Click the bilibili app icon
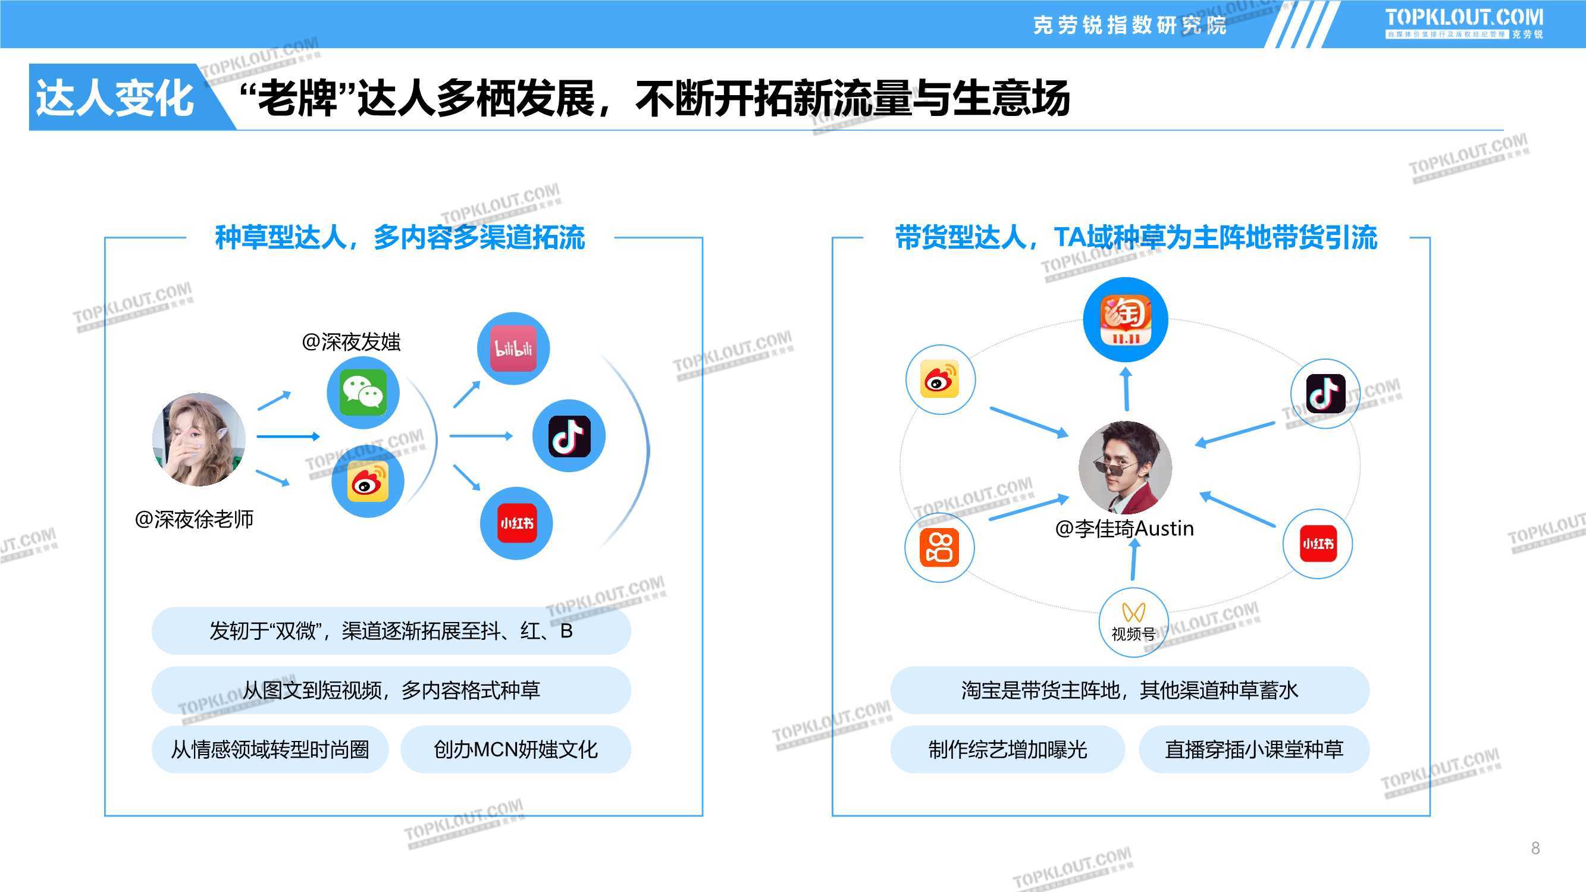tap(513, 348)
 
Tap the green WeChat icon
tap(363, 392)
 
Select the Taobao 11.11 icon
tap(1126, 319)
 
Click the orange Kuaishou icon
tap(939, 547)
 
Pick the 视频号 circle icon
tap(1133, 623)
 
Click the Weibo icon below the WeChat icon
tap(368, 480)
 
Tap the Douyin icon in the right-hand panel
tap(1325, 393)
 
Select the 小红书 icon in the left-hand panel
tap(516, 523)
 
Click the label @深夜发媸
tap(351, 342)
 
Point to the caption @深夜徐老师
tap(194, 519)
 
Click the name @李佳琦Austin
tap(1124, 528)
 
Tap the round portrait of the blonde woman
tap(199, 439)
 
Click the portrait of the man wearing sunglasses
tap(1125, 467)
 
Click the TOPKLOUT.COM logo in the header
tap(1463, 23)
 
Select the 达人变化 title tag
tap(114, 98)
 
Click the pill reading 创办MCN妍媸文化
tap(516, 749)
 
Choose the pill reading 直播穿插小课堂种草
tap(1254, 749)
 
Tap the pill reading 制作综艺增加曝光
tap(1008, 749)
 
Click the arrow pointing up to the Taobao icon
tap(1126, 389)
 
